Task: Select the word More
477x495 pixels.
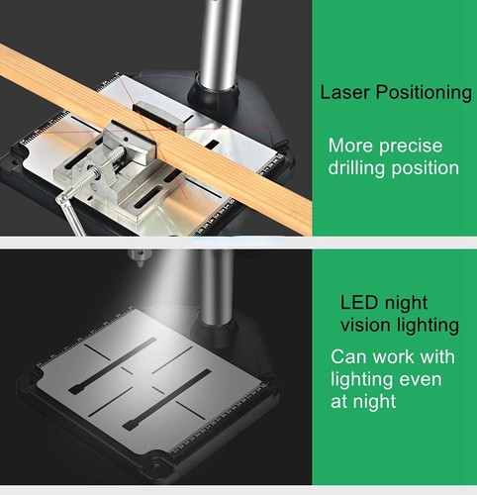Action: click(349, 146)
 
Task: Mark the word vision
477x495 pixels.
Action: click(364, 325)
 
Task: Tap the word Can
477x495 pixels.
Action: click(348, 356)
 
